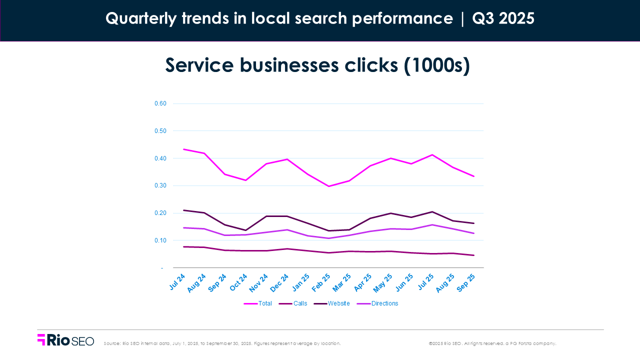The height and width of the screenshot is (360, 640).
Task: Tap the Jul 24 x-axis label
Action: (x=178, y=281)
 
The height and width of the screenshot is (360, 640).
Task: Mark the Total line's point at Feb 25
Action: (x=328, y=186)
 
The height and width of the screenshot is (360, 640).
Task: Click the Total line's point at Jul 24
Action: (x=183, y=149)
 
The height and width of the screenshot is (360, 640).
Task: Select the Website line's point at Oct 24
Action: (x=245, y=230)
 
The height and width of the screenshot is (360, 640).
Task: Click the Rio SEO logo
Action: (x=65, y=340)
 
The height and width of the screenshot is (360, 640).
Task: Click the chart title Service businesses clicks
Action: (x=317, y=65)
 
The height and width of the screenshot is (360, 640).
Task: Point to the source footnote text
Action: (x=222, y=343)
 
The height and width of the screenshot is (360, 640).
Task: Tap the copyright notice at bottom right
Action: (x=492, y=343)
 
